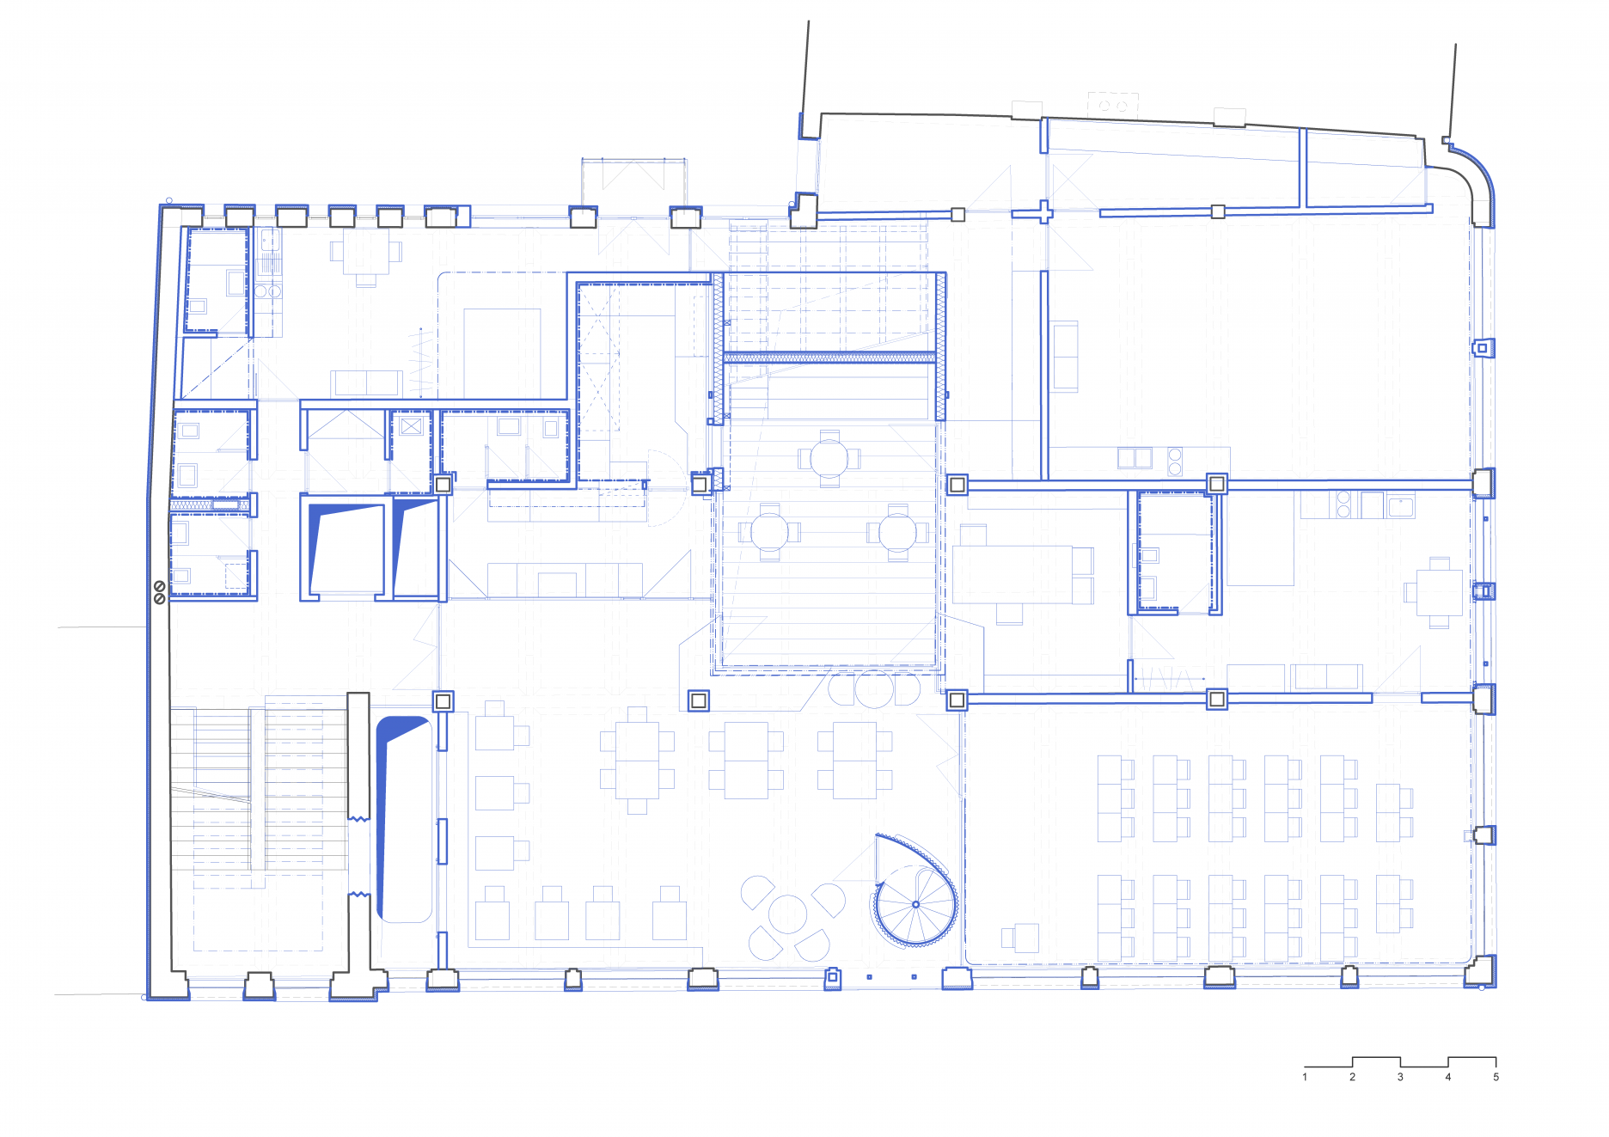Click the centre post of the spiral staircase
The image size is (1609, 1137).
[915, 904]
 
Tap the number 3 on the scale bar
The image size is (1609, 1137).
[1400, 1077]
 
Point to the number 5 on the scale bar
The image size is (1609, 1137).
[1496, 1077]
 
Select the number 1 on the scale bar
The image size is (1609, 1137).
[1305, 1077]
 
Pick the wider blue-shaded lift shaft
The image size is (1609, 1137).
[346, 547]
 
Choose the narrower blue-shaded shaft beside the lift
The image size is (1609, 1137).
[414, 547]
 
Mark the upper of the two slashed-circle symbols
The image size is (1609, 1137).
[160, 586]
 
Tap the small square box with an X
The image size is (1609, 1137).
[411, 425]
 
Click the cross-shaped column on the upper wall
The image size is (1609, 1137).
[1044, 211]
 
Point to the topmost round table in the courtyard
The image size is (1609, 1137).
[829, 458]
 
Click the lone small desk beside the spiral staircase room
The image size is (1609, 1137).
[1020, 938]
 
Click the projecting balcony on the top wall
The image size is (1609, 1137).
[633, 182]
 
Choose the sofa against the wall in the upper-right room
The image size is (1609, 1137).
[1065, 356]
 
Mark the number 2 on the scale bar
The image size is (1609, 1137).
[1352, 1077]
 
